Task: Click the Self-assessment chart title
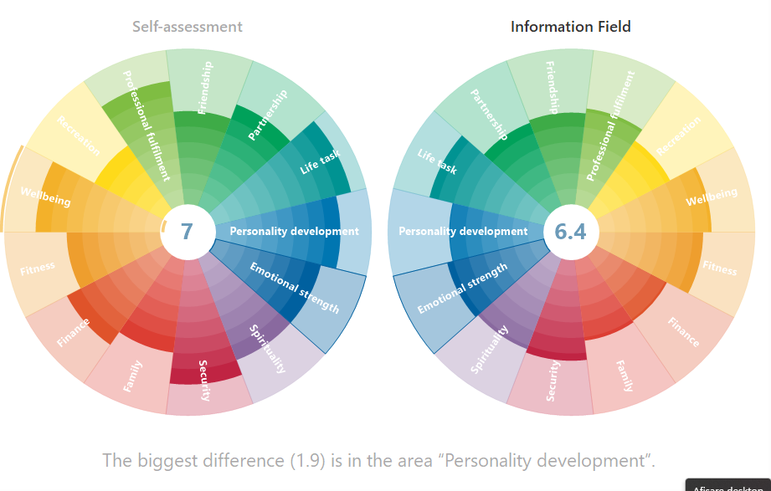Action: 188,27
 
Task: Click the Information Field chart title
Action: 571,27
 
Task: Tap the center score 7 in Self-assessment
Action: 187,231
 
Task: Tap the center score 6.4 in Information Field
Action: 570,232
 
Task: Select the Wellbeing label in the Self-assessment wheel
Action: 45,198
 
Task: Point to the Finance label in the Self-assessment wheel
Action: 74,331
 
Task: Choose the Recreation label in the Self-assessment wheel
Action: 79,136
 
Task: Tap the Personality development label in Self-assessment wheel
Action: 294,232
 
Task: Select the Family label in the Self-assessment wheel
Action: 132,376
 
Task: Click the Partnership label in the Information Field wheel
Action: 489,114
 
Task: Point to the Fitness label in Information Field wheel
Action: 720,269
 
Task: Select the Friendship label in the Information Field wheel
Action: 553,87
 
